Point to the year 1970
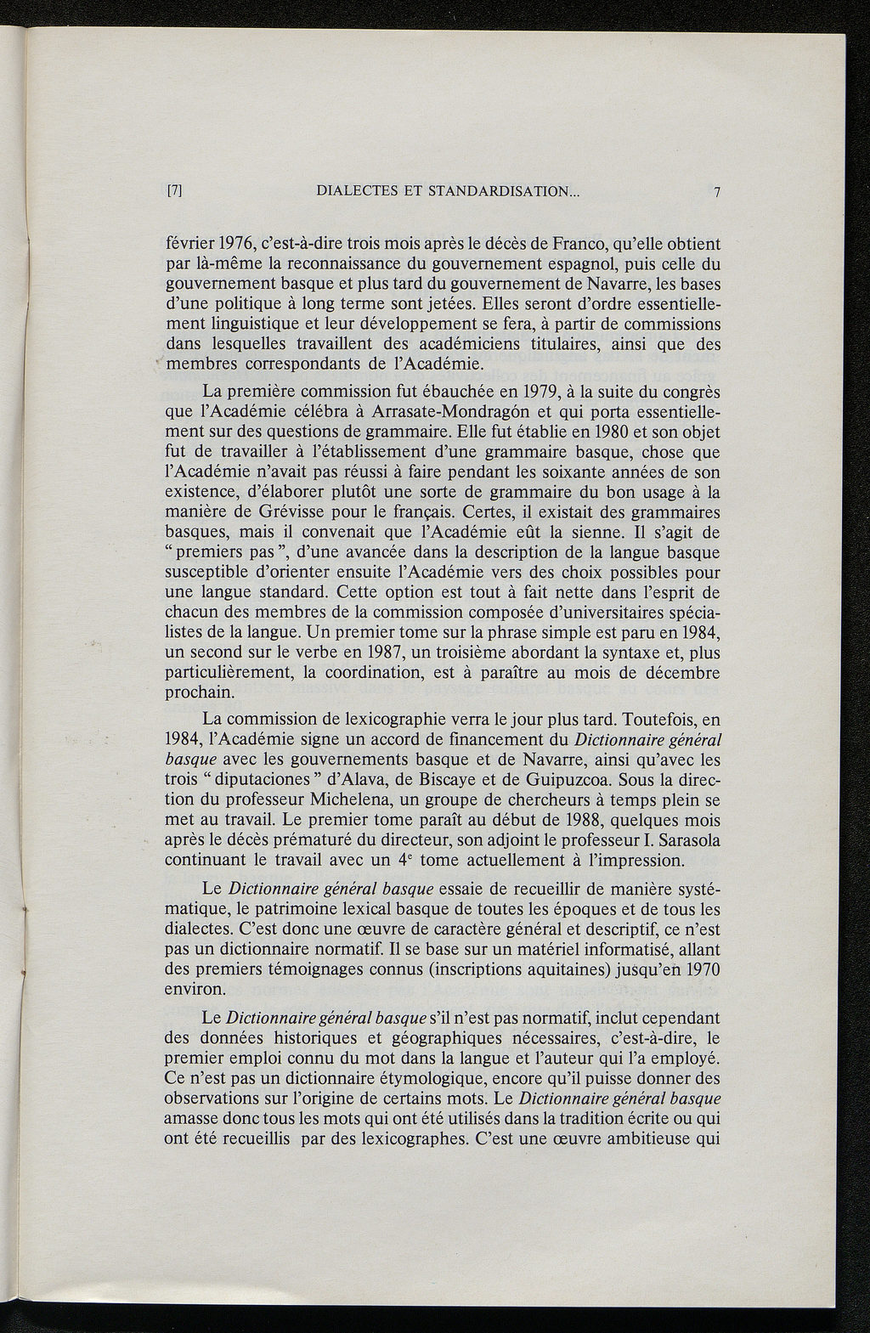click(x=701, y=969)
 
